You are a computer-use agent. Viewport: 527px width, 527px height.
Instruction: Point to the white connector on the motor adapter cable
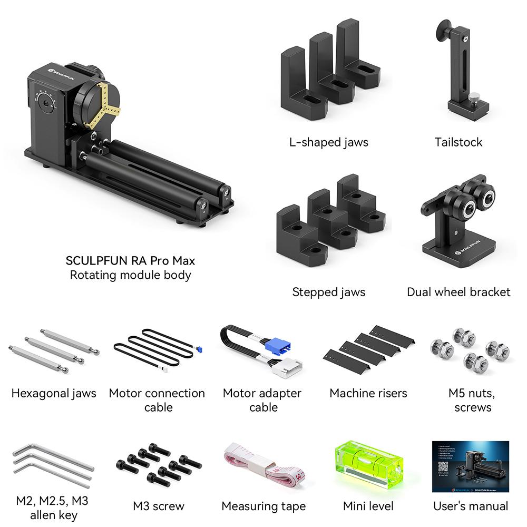pyautogui.click(x=288, y=366)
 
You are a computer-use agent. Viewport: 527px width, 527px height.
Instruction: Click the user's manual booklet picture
pyautogui.click(x=470, y=466)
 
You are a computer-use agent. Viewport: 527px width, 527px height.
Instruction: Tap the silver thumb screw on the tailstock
pyautogui.click(x=476, y=97)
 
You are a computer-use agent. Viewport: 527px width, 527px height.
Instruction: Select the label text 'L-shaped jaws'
pyautogui.click(x=328, y=142)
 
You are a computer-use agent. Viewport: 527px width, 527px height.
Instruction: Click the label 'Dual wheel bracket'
pyautogui.click(x=458, y=291)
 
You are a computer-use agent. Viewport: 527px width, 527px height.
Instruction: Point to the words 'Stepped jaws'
pyautogui.click(x=328, y=291)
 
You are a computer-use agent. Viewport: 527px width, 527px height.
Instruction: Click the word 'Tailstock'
pyautogui.click(x=458, y=142)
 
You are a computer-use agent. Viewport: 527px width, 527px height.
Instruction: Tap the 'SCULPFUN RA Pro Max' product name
pyautogui.click(x=130, y=260)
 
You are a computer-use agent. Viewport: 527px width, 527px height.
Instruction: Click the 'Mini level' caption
pyautogui.click(x=368, y=506)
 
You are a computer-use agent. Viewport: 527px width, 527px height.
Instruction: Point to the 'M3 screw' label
pyautogui.click(x=159, y=506)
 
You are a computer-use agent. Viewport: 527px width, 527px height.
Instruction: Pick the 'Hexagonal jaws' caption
pyautogui.click(x=54, y=393)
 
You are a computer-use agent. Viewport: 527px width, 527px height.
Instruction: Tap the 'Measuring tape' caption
pyautogui.click(x=263, y=506)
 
